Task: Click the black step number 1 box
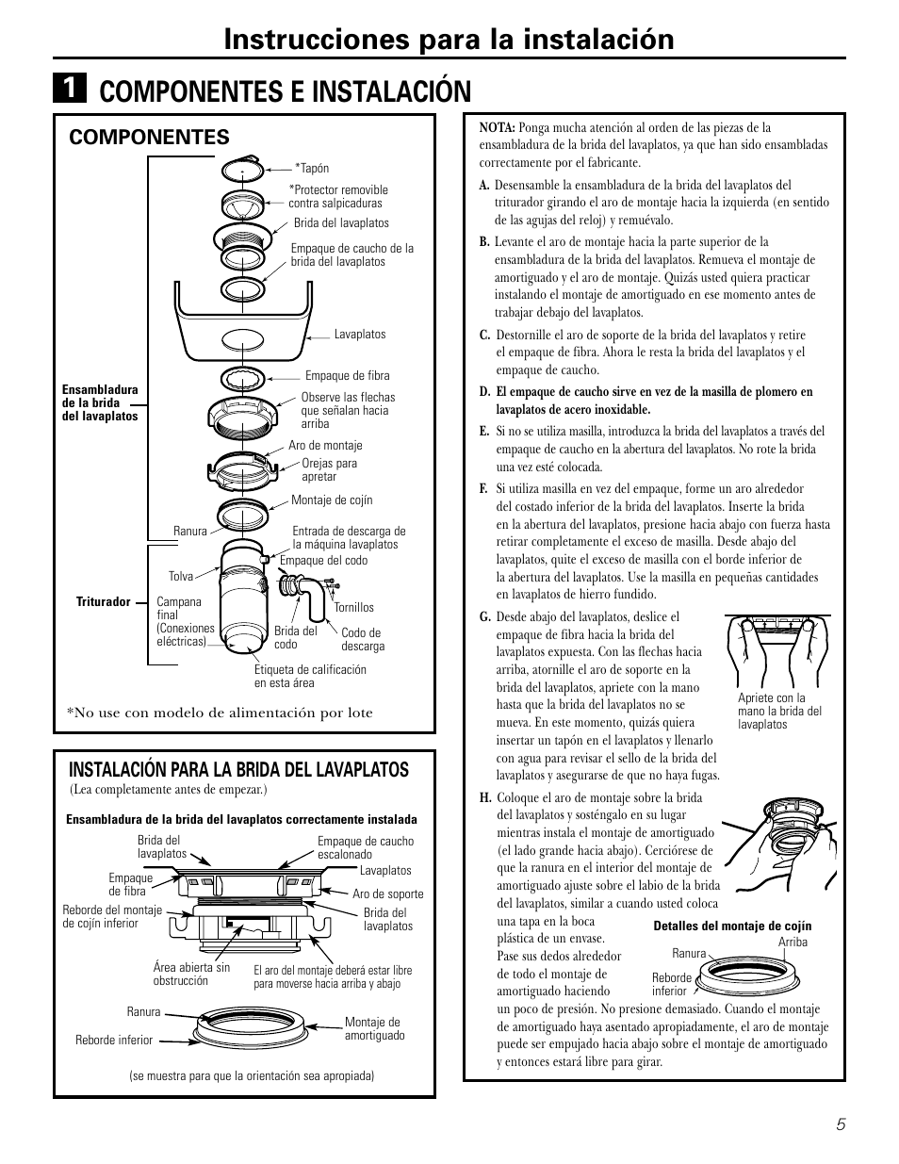click(70, 90)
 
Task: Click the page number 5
click(838, 1123)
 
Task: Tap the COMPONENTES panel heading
click(149, 137)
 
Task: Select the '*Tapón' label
click(312, 169)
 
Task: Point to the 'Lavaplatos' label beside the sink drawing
click(360, 335)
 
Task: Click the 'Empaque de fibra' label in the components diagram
click(347, 376)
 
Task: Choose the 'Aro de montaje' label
click(325, 446)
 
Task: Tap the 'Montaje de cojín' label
click(332, 500)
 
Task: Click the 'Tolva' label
click(180, 576)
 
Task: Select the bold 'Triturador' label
click(103, 601)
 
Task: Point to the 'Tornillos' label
click(353, 608)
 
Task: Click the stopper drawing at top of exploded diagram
click(244, 171)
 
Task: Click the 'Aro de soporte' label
click(387, 893)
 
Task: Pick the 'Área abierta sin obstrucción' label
click(191, 974)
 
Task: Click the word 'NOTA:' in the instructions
click(496, 127)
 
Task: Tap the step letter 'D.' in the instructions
click(484, 392)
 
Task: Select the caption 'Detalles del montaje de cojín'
click(732, 926)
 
